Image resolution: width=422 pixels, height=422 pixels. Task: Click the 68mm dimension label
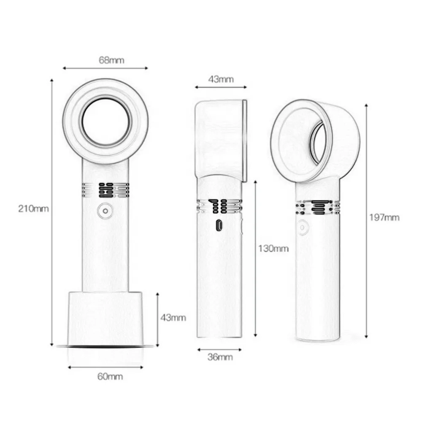[x=111, y=60]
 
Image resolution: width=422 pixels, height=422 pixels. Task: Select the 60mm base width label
[x=110, y=376]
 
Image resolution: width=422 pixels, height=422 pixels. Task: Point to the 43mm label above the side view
[x=221, y=79]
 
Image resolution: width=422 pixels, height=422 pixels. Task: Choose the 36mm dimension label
[x=220, y=357]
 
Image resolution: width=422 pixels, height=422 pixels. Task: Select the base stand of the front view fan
[x=105, y=317]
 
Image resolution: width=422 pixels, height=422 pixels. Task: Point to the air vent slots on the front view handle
[x=105, y=190]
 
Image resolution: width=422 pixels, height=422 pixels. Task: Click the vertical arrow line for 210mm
[x=52, y=211]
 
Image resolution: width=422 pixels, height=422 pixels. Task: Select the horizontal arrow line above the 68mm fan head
[x=105, y=68]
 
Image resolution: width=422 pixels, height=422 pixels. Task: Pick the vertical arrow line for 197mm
[x=366, y=219]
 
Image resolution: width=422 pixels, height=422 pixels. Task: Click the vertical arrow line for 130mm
[x=255, y=257]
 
